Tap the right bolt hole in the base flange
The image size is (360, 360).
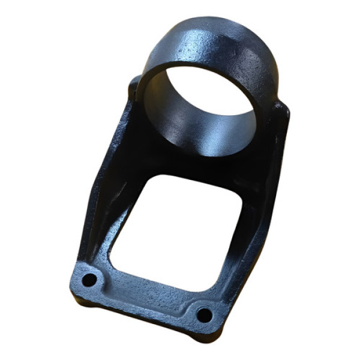(x=203, y=314)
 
